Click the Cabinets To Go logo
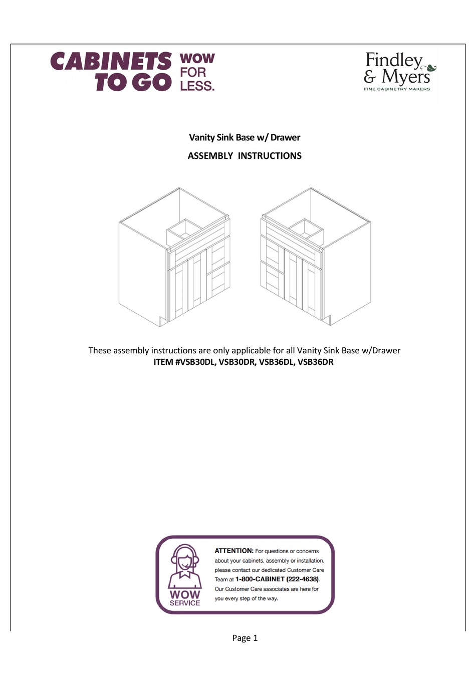[x=111, y=72]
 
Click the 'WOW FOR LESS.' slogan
[x=197, y=72]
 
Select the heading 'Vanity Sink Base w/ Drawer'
[x=245, y=137]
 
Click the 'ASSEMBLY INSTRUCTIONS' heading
[x=245, y=156]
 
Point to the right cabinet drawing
[x=316, y=257]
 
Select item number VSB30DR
[x=237, y=362]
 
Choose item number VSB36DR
[x=316, y=362]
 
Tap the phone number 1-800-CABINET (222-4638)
[x=277, y=579]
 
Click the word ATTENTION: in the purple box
[x=234, y=551]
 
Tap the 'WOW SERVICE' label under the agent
[x=185, y=598]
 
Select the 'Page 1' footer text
[x=245, y=638]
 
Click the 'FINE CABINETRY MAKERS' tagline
[x=397, y=89]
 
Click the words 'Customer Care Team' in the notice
[x=305, y=570]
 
